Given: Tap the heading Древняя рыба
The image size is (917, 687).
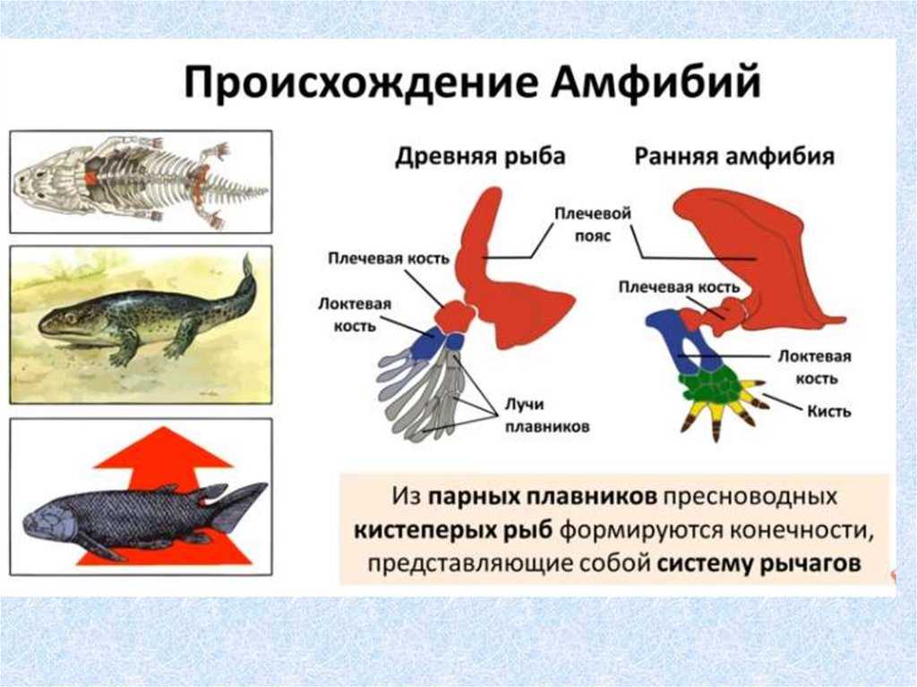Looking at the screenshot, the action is tap(480, 157).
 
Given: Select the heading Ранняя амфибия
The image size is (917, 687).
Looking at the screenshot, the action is tap(734, 157).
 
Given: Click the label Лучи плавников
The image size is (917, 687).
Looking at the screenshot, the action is tap(547, 416).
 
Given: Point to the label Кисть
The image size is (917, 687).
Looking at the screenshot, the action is tap(828, 411).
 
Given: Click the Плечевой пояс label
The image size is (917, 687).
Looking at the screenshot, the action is tap(593, 224).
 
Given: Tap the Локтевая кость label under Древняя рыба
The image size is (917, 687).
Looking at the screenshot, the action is tap(355, 314).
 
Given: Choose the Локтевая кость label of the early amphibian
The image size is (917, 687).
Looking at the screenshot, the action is tap(815, 367).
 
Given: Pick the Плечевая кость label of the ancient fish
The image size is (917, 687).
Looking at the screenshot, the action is tap(389, 258).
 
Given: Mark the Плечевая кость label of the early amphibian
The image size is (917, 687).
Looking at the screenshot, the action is tap(679, 287).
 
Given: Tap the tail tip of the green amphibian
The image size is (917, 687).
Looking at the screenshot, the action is tap(248, 256).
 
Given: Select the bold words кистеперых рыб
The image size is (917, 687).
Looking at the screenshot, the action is tap(454, 530).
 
